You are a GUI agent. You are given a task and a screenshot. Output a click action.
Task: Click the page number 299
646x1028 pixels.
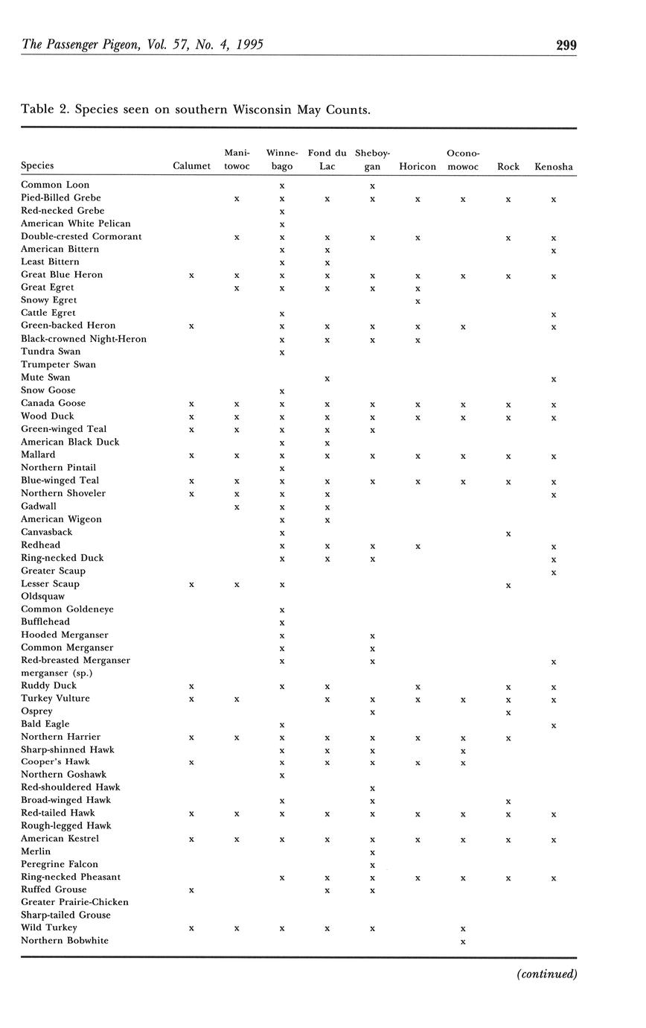tap(566, 45)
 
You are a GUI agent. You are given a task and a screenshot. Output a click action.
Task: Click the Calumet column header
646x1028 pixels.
tap(191, 166)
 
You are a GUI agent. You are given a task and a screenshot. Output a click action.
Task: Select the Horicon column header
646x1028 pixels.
tap(418, 166)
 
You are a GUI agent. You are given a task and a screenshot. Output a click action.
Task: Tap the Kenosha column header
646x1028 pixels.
tap(554, 166)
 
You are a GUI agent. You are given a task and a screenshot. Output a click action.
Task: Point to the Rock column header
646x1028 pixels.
tap(508, 166)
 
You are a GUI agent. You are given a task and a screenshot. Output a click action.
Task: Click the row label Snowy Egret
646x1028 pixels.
tap(49, 299)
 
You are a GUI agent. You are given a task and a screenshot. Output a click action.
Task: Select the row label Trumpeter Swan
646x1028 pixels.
tap(58, 364)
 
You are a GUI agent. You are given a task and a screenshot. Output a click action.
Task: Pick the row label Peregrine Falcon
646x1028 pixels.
tap(60, 864)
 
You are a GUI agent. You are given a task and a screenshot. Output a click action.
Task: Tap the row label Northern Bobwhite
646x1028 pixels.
tap(65, 941)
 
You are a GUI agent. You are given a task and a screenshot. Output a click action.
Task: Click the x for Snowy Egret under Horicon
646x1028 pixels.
tap(418, 301)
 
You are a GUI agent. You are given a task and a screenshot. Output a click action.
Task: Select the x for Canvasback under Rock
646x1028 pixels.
tap(508, 533)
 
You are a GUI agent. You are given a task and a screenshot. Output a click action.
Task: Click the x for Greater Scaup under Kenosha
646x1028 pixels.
tap(554, 572)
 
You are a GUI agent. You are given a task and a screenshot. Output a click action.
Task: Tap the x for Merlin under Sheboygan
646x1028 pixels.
tap(372, 852)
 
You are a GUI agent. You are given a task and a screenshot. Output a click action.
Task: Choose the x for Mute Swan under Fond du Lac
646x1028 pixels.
tap(327, 378)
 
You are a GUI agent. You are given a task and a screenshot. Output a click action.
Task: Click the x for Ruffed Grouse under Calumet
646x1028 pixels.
tap(191, 890)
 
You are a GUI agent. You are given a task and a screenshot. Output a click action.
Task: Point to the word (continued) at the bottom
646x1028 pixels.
tap(547, 974)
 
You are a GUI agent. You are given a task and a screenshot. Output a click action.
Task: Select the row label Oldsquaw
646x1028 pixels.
tap(42, 596)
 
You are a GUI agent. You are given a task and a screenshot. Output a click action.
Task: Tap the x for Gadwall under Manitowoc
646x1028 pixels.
tap(237, 507)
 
